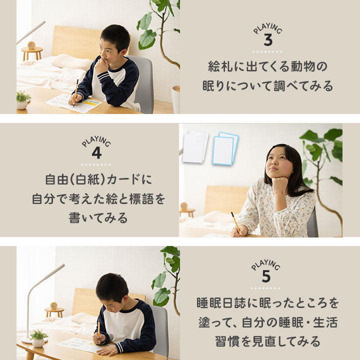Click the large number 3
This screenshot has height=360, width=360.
[x=267, y=40]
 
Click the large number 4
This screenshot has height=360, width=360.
[x=96, y=153]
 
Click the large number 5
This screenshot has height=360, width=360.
[x=266, y=276]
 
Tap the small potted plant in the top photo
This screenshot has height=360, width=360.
[x=23, y=99]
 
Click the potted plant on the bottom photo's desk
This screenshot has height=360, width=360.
[x=38, y=337]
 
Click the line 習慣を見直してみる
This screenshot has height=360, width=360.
[x=267, y=341]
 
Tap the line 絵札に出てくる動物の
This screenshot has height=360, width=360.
[x=267, y=66]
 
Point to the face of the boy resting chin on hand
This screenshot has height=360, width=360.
[x=107, y=48]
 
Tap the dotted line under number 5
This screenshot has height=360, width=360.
[x=266, y=288]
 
